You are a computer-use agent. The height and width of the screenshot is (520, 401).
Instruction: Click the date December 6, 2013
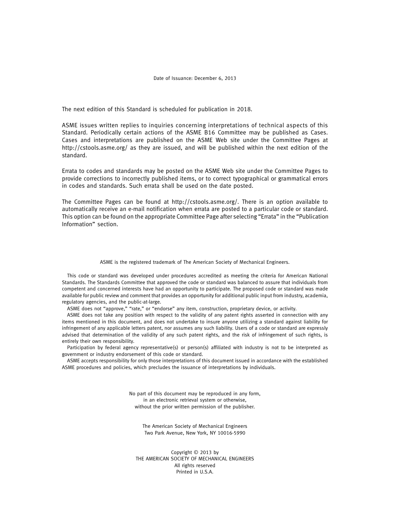coord(215,78)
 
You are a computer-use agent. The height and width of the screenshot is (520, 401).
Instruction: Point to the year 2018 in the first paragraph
coord(244,109)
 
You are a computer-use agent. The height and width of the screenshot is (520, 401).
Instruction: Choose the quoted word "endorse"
coord(165,309)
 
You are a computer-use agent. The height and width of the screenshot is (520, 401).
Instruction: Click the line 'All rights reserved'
coord(195,465)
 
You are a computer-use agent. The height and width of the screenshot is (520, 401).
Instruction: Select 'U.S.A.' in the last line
coord(206,472)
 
